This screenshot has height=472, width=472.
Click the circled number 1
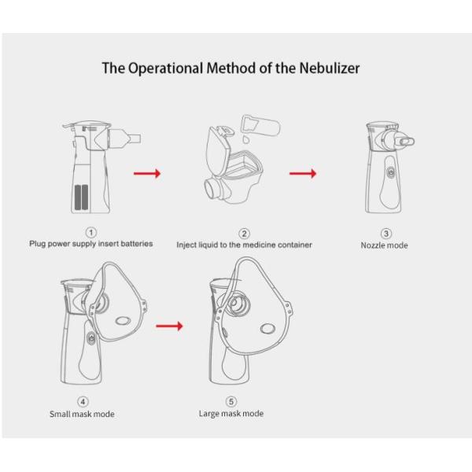[91, 232]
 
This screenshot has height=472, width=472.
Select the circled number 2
[244, 233]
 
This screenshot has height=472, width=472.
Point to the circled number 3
[385, 234]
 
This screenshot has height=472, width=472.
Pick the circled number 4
[83, 402]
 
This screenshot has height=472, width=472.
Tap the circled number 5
[231, 401]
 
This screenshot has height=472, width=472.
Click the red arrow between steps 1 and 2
[147, 173]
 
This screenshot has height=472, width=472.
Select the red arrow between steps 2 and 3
[303, 173]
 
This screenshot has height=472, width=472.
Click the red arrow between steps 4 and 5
[169, 324]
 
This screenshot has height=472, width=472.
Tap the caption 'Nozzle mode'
[385, 245]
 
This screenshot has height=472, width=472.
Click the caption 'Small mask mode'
[82, 414]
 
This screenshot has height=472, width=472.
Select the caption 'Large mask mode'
[231, 413]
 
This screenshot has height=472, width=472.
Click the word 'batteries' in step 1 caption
[136, 244]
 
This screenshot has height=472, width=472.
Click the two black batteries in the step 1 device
[81, 197]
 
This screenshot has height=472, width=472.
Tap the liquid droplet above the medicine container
[245, 138]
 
